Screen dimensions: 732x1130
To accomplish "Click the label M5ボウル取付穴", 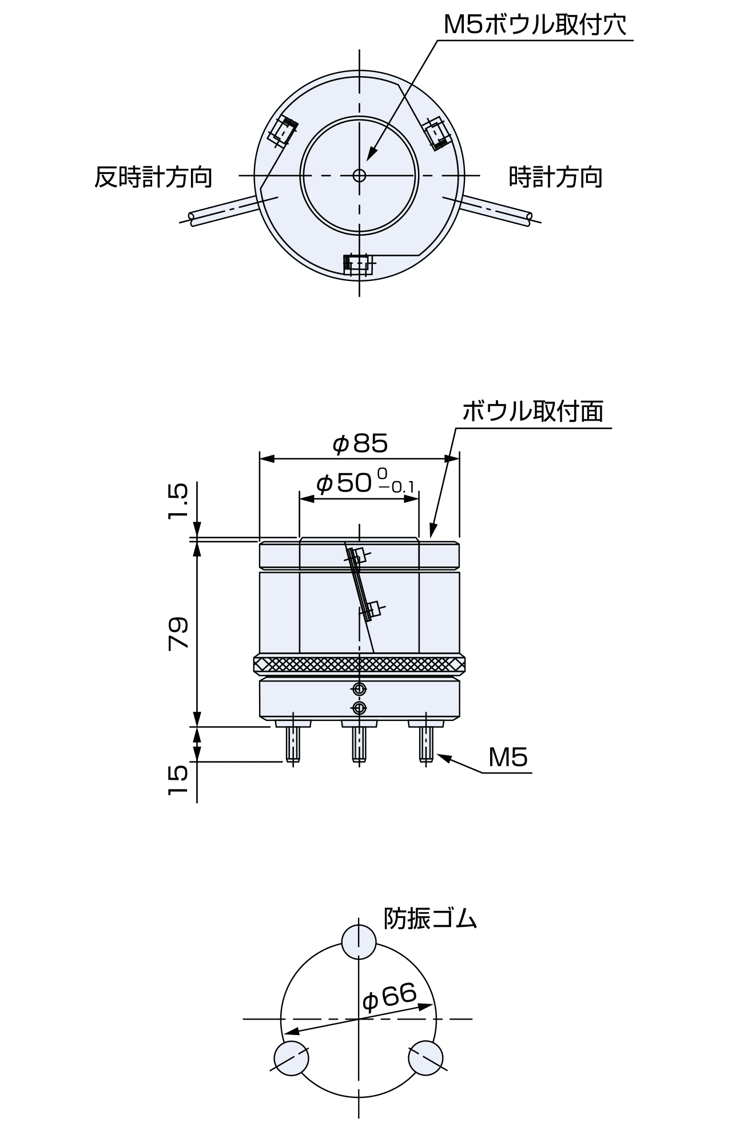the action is [x=535, y=25].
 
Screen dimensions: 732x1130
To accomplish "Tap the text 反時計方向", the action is [x=153, y=177].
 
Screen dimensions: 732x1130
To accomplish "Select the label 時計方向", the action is [x=555, y=177].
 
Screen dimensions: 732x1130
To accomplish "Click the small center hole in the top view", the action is [x=359, y=175].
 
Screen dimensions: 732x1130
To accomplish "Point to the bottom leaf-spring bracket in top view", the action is [x=358, y=265].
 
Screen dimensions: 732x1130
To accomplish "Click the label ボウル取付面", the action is [x=532, y=411].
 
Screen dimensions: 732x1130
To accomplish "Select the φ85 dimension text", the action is [x=360, y=443].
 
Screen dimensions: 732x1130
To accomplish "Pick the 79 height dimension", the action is [x=178, y=633].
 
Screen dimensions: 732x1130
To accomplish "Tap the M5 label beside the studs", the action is [x=508, y=758].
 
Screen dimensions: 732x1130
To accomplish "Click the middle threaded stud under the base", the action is [x=359, y=744].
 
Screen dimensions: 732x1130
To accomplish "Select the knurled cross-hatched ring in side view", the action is [x=359, y=664].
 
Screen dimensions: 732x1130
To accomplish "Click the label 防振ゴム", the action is [x=429, y=918].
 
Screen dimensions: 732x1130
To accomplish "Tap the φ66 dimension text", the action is [x=389, y=998].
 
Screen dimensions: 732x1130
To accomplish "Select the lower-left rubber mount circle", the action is [x=292, y=1058].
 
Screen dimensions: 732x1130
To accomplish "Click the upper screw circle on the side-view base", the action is [x=359, y=688].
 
